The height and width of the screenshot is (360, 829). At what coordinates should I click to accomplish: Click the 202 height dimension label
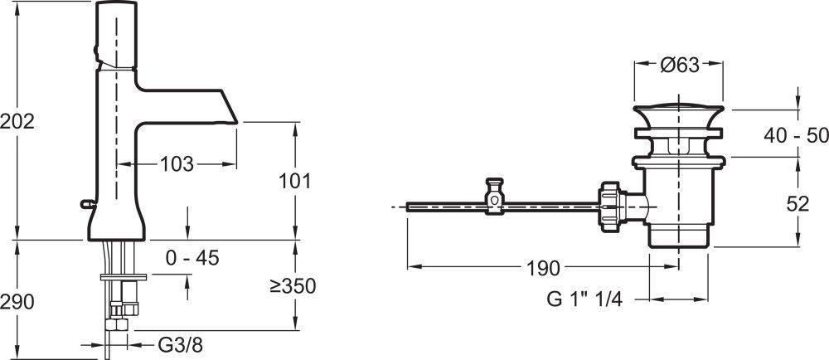[17, 122]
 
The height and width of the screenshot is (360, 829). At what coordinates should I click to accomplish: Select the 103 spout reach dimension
[177, 164]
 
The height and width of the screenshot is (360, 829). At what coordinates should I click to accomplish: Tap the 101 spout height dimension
[295, 182]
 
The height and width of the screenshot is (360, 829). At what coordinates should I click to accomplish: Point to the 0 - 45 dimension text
[192, 258]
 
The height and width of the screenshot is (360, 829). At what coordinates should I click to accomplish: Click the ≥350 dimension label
[293, 286]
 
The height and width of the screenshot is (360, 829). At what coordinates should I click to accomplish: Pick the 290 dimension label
[17, 302]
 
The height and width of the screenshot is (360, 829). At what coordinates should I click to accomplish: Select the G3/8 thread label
[180, 346]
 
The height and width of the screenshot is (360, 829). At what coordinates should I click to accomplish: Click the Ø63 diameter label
[680, 65]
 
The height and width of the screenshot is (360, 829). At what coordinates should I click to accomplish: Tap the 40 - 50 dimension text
[796, 136]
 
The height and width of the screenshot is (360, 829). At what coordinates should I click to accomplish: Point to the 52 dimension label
[797, 204]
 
